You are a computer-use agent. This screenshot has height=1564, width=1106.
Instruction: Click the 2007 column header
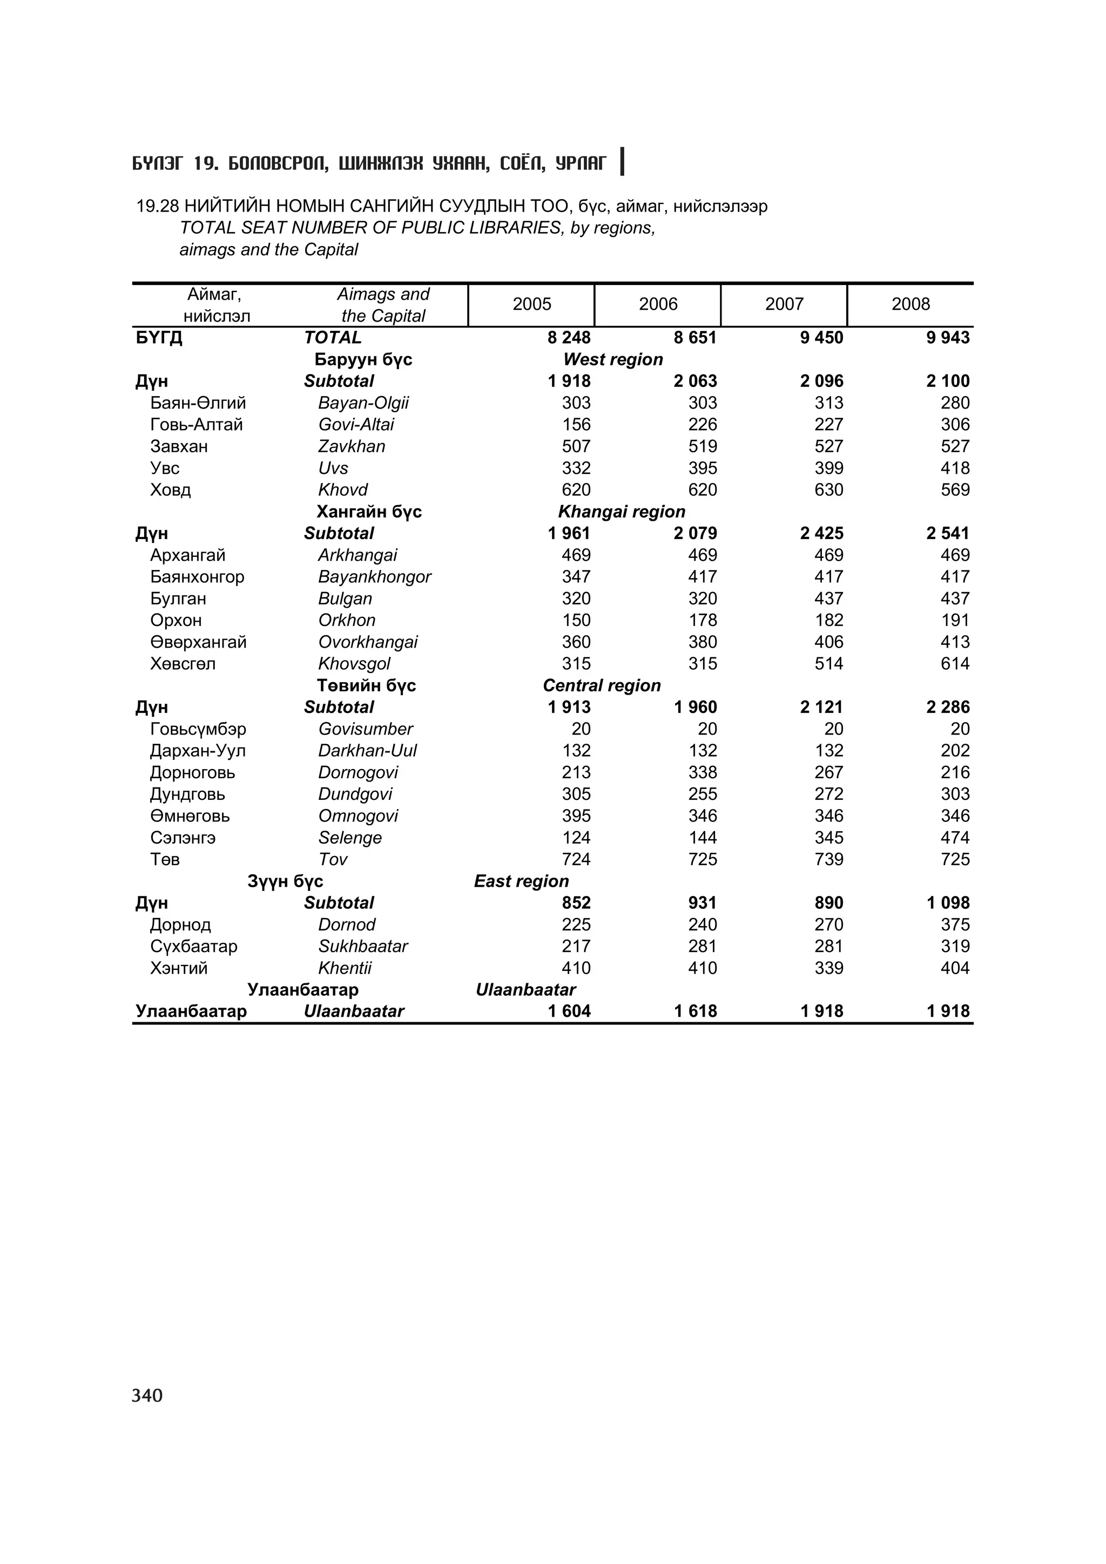784,304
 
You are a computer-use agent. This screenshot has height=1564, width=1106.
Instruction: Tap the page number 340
147,1396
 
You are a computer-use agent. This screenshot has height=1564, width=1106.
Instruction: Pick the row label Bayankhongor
374,577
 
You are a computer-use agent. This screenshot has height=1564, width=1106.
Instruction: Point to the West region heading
612,359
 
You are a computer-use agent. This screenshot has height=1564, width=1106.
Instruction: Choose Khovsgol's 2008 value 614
955,664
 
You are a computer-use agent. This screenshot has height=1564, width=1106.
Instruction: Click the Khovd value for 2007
828,491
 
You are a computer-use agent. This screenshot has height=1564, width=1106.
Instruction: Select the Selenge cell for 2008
955,838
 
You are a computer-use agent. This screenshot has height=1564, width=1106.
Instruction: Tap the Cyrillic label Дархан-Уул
198,751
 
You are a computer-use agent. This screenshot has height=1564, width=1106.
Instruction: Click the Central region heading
602,686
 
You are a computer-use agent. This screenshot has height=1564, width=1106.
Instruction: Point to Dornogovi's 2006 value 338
703,772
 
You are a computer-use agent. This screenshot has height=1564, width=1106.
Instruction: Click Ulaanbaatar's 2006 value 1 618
695,1011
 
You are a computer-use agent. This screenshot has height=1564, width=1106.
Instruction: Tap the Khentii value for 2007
828,968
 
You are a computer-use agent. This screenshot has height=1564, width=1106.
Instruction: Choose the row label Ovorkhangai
367,642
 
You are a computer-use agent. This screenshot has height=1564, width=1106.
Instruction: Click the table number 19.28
157,206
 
